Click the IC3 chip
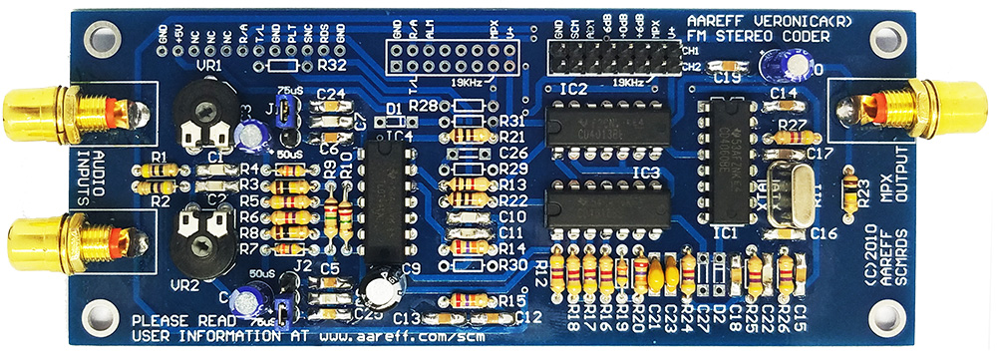click(610, 207)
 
